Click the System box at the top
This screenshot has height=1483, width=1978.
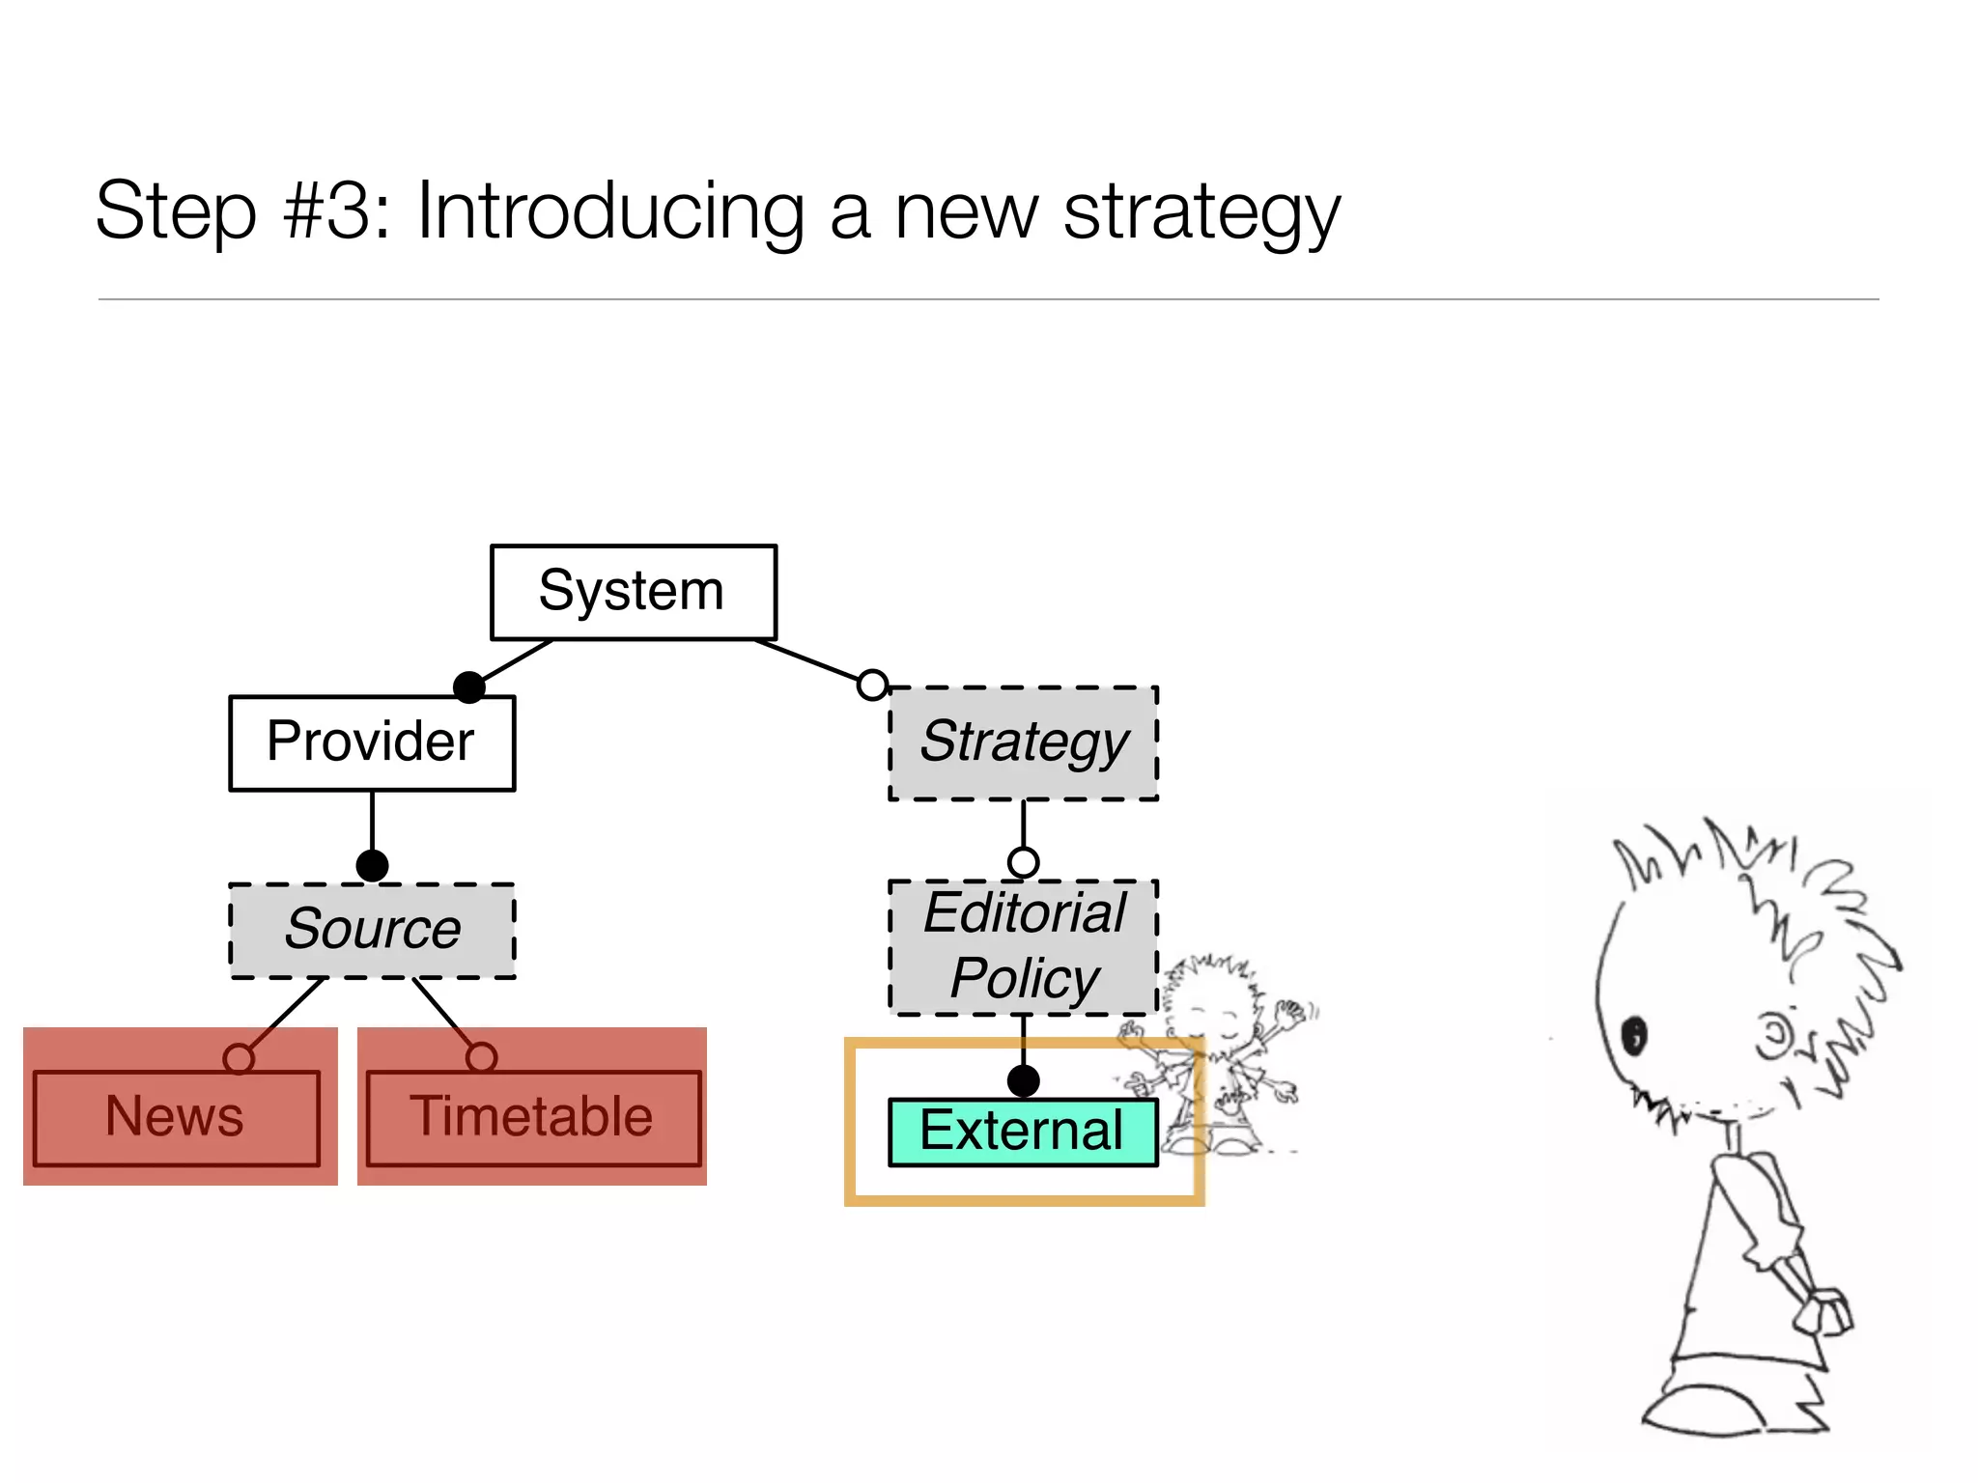coord(633,592)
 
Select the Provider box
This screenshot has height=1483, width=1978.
coord(372,742)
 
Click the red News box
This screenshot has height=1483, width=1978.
coord(176,1118)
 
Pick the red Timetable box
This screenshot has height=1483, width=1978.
coord(532,1118)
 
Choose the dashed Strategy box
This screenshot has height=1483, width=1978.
coord(1023,742)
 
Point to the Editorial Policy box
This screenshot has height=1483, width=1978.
coord(1023,947)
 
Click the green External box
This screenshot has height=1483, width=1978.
coord(1022,1132)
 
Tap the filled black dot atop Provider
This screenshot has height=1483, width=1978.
coord(469,687)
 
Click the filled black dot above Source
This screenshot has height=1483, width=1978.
coord(372,865)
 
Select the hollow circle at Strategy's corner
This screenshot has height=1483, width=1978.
coord(873,685)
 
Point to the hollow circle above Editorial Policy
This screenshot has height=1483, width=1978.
coord(1023,861)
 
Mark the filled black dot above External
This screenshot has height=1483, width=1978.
coord(1023,1080)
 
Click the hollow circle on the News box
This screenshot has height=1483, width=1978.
coord(239,1058)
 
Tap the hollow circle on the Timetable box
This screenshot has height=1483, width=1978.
coord(481,1057)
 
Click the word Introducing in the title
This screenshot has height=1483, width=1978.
coord(610,212)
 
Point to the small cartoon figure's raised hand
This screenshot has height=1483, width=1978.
coord(1290,1014)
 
